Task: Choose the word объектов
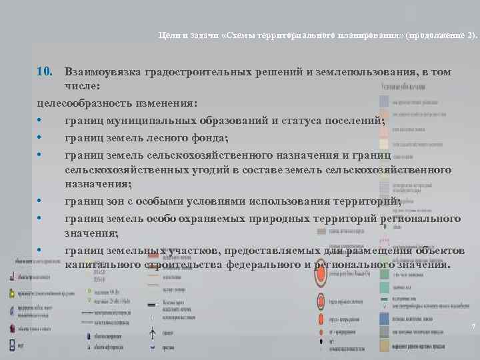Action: click(433, 250)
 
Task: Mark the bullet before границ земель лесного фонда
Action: click(41, 137)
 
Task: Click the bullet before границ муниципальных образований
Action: click(41, 121)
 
